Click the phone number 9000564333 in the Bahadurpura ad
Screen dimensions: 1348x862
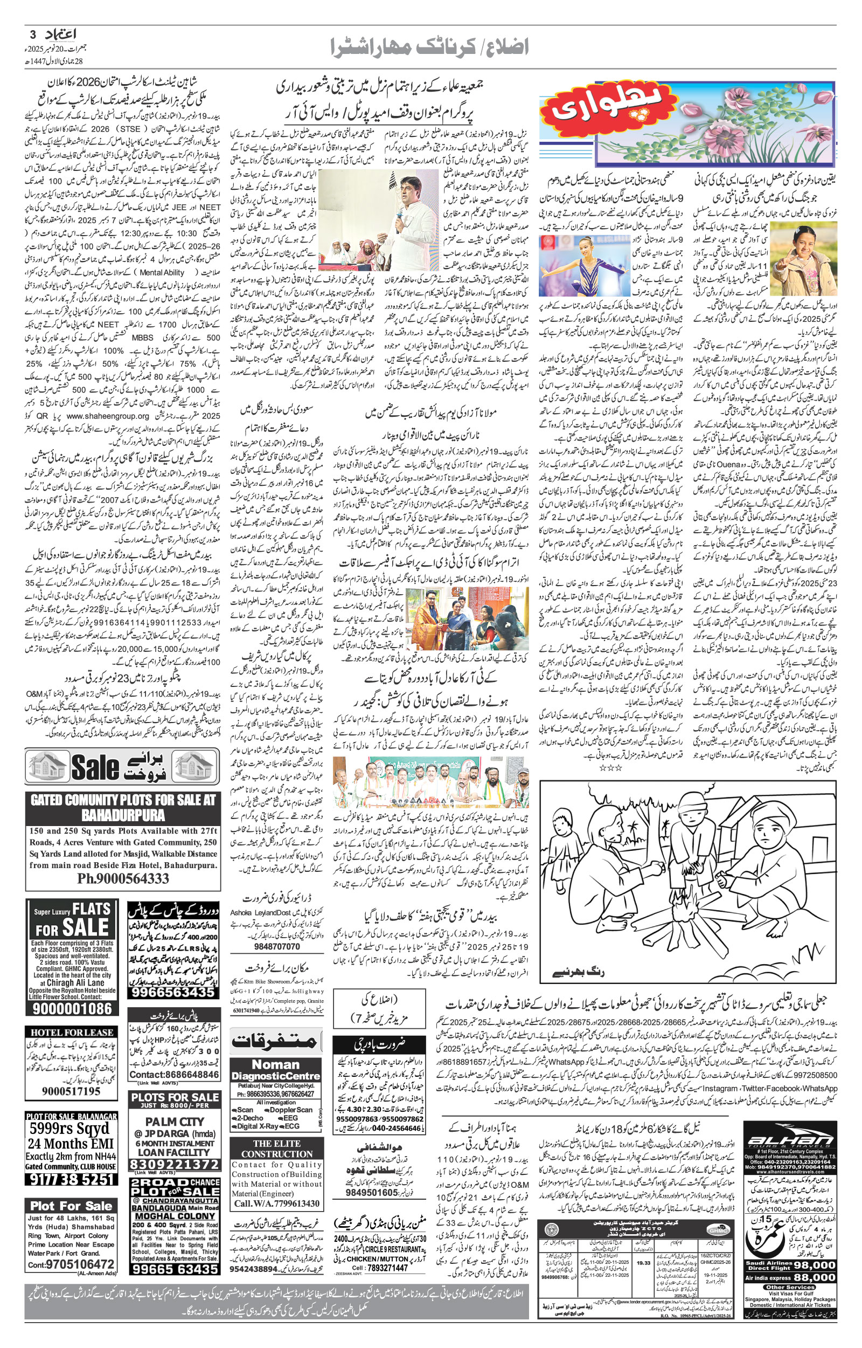point(123,878)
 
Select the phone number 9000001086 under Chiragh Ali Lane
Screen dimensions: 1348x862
point(72,1009)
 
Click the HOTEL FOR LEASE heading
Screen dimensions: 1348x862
point(72,1032)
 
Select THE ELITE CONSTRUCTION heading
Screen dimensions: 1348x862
point(276,1148)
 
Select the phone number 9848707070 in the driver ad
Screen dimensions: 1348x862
point(277,946)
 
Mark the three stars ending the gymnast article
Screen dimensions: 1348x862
point(610,768)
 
